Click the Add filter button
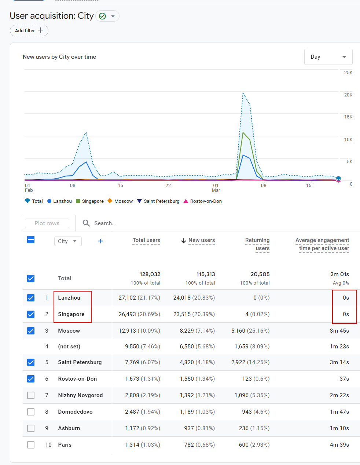tap(29, 30)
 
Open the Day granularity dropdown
tap(328, 57)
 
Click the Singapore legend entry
tap(90, 201)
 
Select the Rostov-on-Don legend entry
tap(203, 201)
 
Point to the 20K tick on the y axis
tap(348, 95)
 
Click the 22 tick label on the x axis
tap(168, 185)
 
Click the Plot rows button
tap(47, 223)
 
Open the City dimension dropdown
tap(68, 241)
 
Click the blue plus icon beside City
tap(100, 241)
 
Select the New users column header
tap(202, 240)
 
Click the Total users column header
tap(146, 240)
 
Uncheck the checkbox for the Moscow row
tap(31, 331)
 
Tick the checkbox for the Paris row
tap(31, 445)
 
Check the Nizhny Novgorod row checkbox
tap(31, 395)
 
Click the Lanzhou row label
tap(69, 298)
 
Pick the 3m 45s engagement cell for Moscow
tap(339, 331)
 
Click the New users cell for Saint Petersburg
tap(197, 362)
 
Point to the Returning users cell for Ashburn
tap(254, 428)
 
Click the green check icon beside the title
tap(102, 16)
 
